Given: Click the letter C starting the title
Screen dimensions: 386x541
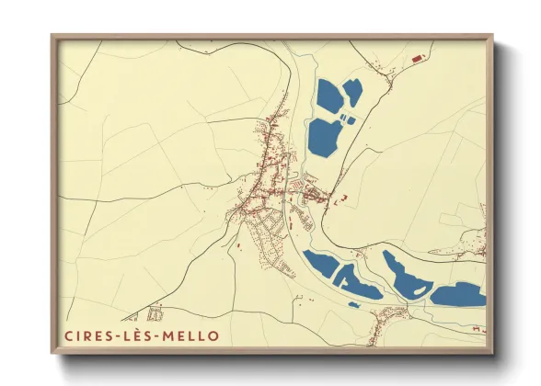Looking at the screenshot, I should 69,336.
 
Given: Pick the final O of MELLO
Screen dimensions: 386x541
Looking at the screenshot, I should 214,336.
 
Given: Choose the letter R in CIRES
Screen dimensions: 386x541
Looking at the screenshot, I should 87,336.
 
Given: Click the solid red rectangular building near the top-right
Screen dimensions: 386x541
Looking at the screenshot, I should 416,59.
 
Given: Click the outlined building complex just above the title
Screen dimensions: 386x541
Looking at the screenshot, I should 155,313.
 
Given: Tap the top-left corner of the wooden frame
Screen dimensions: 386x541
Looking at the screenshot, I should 52,37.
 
